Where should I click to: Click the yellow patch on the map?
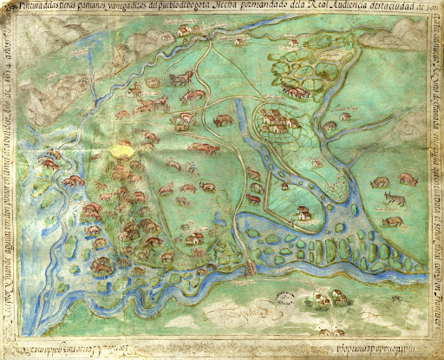pos(124,150)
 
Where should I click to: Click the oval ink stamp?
pos(283,298)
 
